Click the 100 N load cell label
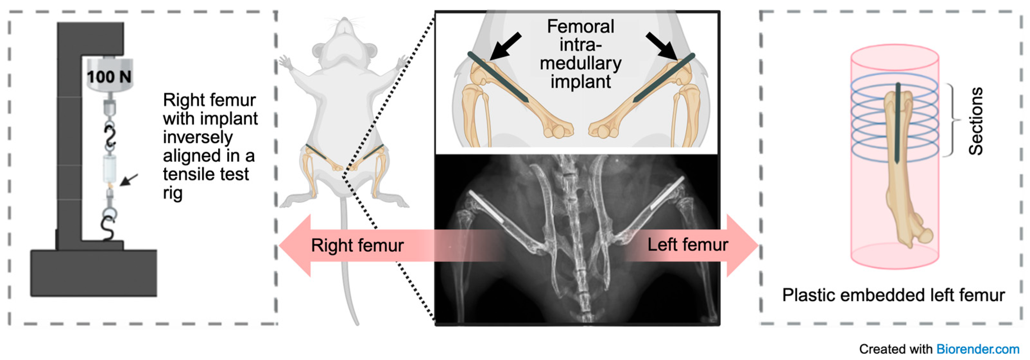tap(109, 76)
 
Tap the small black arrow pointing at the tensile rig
tap(129, 180)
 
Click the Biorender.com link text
tap(978, 349)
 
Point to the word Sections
tap(976, 121)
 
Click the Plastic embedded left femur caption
tap(893, 295)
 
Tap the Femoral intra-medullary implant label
tap(580, 54)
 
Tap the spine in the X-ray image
tap(574, 240)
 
